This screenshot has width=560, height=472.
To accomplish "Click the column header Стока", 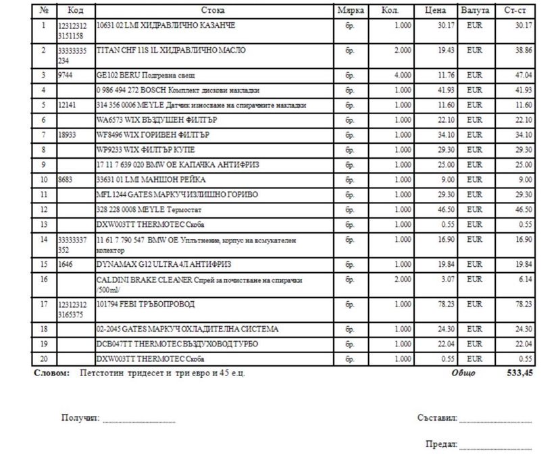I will click(213, 11).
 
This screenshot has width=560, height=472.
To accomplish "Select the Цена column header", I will click(435, 11).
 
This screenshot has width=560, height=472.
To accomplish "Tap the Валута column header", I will click(475, 11).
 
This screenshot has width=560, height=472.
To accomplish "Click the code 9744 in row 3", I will click(66, 75).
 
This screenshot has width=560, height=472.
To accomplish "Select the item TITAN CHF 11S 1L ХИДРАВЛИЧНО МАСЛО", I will click(172, 50).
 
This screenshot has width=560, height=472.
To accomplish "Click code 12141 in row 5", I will click(68, 105).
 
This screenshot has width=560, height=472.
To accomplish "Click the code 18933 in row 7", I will click(68, 134).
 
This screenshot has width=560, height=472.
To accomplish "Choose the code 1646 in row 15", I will click(66, 264).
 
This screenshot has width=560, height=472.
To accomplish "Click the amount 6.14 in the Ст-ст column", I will click(524, 279).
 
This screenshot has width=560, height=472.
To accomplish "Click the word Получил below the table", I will click(80, 419).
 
